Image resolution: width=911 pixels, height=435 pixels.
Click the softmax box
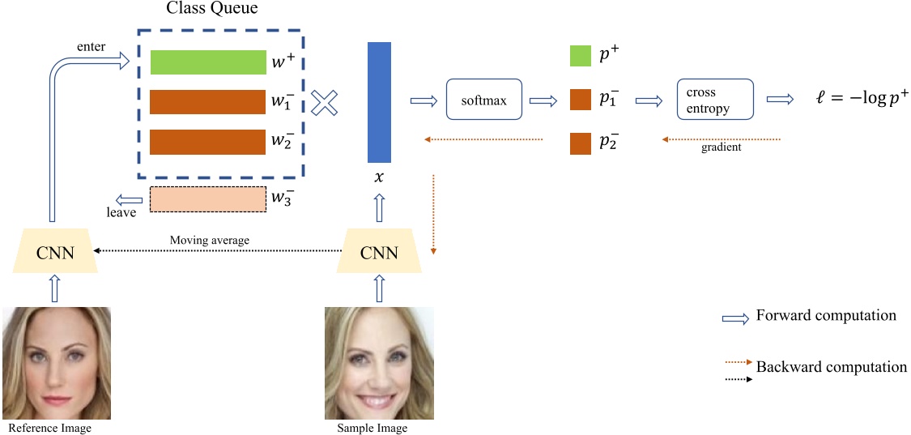click(483, 100)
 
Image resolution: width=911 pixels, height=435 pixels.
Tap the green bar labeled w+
click(208, 62)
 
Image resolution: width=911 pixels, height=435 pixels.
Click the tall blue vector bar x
click(380, 102)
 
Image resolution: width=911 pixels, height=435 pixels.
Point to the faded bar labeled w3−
click(208, 198)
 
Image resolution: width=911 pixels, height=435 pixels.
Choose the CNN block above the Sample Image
click(379, 252)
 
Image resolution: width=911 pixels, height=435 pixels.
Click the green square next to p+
click(581, 56)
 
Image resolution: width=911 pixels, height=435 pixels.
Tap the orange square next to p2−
click(581, 143)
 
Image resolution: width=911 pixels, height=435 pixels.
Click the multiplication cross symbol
click(324, 103)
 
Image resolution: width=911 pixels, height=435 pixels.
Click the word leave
click(121, 213)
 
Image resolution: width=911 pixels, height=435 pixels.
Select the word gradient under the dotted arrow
click(722, 147)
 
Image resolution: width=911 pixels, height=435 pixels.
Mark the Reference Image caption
click(49, 428)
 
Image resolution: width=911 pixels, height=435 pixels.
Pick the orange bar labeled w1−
click(208, 102)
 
